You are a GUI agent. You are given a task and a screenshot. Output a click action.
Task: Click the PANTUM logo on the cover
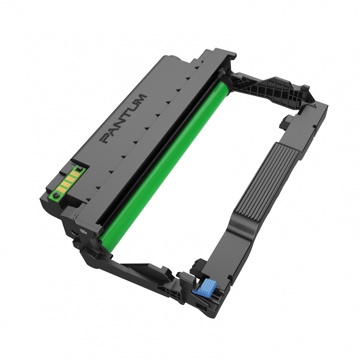point(124,119)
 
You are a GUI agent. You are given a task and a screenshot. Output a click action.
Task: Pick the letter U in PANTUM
point(133,108)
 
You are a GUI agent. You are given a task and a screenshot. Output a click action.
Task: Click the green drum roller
point(165,166)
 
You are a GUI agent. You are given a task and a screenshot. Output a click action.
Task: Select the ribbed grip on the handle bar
point(263,183)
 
